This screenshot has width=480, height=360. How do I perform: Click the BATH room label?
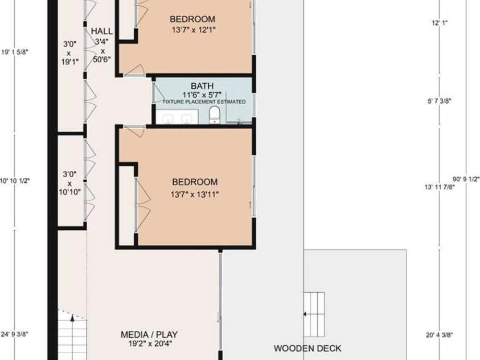pos(202,86)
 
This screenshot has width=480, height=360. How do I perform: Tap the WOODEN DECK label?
pos(307,349)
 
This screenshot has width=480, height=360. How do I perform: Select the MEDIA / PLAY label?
pos(149,334)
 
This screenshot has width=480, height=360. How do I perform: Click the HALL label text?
pos(101,31)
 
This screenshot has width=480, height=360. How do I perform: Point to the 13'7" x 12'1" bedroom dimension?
pos(194,30)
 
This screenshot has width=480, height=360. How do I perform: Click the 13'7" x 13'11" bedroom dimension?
pos(195,194)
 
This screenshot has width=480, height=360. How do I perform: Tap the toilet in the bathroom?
pos(214,116)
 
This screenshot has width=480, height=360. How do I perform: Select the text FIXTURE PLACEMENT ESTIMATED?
pos(204,101)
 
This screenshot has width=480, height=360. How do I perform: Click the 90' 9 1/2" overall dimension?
pos(466,179)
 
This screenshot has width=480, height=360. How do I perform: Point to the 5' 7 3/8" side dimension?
pos(439,101)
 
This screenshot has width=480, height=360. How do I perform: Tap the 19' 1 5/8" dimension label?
pos(15,52)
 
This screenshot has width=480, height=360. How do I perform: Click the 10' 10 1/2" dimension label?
pos(15,181)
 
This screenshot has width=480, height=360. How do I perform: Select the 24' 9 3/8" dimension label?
pos(15,334)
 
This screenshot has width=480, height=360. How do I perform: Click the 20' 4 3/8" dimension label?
pos(439,335)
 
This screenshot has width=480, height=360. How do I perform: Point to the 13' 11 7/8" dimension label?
pos(439,187)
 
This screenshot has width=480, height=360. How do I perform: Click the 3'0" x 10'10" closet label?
pos(69,183)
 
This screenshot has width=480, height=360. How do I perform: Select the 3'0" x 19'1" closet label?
pos(70,52)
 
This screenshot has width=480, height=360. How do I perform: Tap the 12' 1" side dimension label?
pos(440,23)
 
